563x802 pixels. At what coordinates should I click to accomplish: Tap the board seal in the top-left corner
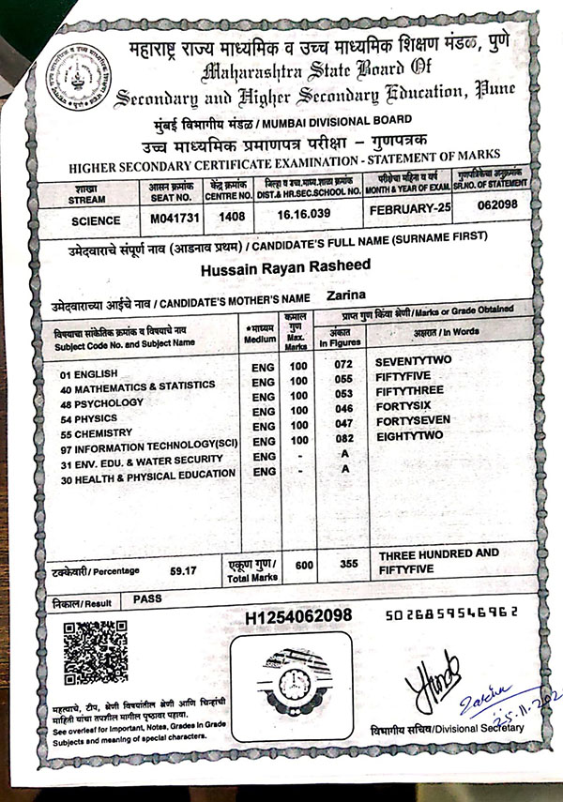pyautogui.click(x=78, y=81)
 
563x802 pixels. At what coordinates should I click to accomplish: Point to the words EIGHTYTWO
pyautogui.click(x=408, y=436)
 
